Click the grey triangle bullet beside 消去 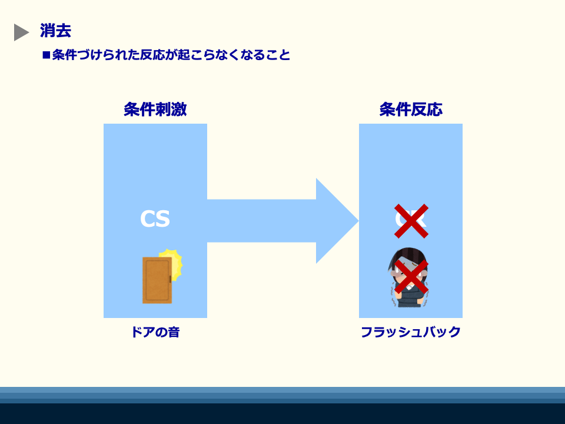tap(21, 32)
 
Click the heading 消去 tap(55, 31)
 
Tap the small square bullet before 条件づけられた tap(46, 55)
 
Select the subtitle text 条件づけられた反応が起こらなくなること tap(171, 55)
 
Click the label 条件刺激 tap(155, 110)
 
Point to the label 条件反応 tap(411, 110)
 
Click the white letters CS tap(155, 219)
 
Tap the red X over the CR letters tap(411, 221)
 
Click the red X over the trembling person tap(411, 276)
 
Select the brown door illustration tap(157, 280)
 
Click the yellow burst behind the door tap(175, 260)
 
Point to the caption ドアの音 tap(155, 332)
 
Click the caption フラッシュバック tap(411, 332)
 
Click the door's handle tap(170, 279)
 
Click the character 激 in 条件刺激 tap(179, 110)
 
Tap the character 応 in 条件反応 tap(435, 110)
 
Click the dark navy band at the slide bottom tap(282, 413)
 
